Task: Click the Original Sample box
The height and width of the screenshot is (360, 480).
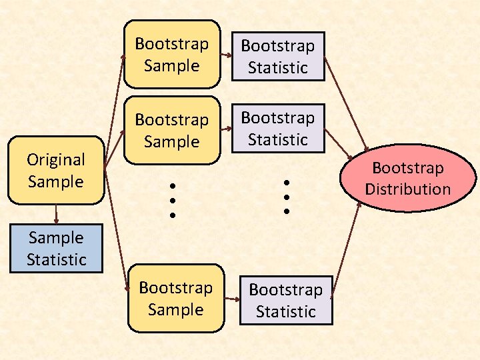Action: pyautogui.click(x=56, y=170)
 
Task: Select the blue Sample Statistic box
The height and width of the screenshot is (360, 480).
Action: pyautogui.click(x=56, y=249)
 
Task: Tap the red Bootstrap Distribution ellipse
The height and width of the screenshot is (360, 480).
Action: pyautogui.click(x=408, y=178)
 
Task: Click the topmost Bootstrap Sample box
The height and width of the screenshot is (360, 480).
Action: pyautogui.click(x=172, y=54)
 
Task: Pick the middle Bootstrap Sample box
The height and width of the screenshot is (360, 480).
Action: pyautogui.click(x=172, y=130)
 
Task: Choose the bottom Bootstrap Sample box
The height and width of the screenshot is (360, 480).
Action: pyautogui.click(x=176, y=298)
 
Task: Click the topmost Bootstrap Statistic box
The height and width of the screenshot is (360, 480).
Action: pyautogui.click(x=278, y=57)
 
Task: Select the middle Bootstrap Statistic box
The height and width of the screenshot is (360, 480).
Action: pyautogui.click(x=278, y=128)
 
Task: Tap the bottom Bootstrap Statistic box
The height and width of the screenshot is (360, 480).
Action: pyautogui.click(x=286, y=301)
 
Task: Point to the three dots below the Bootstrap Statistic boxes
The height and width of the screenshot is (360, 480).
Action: pyautogui.click(x=286, y=196)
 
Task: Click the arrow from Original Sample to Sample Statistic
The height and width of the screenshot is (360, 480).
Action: pyautogui.click(x=56, y=214)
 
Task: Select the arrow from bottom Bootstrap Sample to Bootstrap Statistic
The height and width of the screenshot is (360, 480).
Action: pyautogui.click(x=231, y=301)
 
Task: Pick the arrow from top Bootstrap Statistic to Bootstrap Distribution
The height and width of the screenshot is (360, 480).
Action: pyautogui.click(x=346, y=109)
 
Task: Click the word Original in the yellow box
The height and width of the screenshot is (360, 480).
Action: pyautogui.click(x=56, y=159)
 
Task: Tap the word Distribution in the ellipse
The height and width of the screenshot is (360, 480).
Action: pyautogui.click(x=408, y=189)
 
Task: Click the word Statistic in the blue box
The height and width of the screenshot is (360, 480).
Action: pyautogui.click(x=56, y=259)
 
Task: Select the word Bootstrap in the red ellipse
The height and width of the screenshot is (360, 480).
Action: pyautogui.click(x=408, y=167)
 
